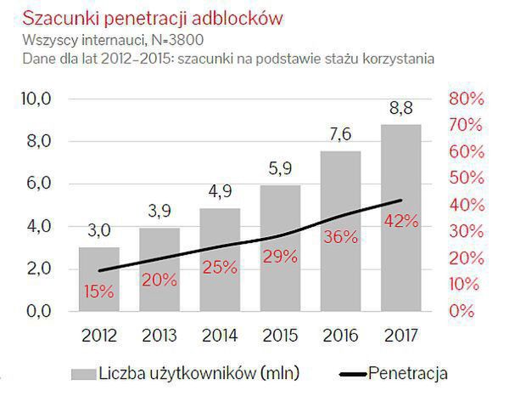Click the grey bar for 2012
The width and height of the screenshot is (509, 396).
pyautogui.click(x=99, y=280)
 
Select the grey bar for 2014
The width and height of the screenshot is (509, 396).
pyautogui.click(x=219, y=259)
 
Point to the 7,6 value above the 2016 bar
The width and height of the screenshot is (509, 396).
pyautogui.click(x=341, y=134)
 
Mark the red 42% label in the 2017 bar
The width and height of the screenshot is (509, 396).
pyautogui.click(x=400, y=220)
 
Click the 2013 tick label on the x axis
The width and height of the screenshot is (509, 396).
pyautogui.click(x=160, y=337)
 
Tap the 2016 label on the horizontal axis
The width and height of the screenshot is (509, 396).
pyautogui.click(x=341, y=337)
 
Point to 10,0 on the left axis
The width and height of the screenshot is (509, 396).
pyautogui.click(x=36, y=99)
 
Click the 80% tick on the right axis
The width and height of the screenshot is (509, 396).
pyautogui.click(x=466, y=99)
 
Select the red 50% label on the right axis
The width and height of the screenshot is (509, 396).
pyautogui.click(x=466, y=178)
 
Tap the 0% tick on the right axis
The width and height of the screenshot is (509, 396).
pyautogui.click(x=462, y=311)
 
